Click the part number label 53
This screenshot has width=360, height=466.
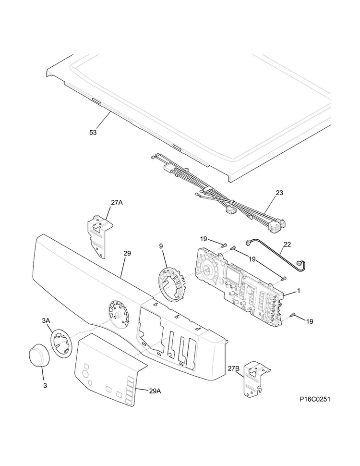[x=93, y=132]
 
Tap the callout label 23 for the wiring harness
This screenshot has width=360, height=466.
[x=279, y=193]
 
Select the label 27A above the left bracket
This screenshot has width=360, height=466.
[x=117, y=203]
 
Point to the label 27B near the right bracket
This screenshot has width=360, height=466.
[x=234, y=369]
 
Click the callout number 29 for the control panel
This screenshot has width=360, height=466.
[x=127, y=253]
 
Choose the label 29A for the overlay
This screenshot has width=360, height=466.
[x=155, y=391]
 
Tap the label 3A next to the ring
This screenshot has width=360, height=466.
[x=46, y=320]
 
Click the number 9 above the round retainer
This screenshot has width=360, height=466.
[x=161, y=246]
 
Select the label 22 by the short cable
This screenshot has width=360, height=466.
[x=287, y=245]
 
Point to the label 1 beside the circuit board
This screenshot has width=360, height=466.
[x=299, y=290]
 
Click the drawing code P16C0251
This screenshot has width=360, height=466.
[x=315, y=399]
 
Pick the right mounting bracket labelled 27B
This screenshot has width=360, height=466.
[x=256, y=379]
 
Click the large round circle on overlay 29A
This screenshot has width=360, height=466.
[x=85, y=374]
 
